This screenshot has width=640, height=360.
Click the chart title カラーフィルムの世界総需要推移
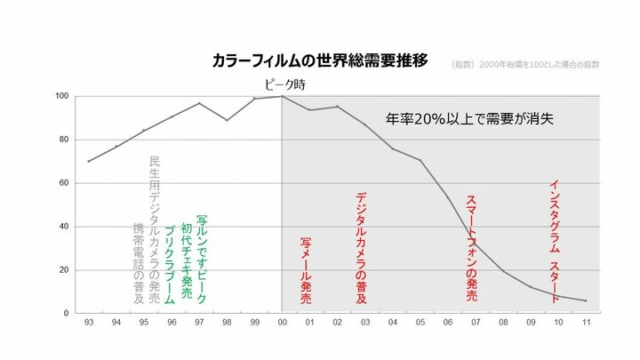tap(320, 60)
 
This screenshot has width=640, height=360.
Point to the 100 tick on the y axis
tap(62, 96)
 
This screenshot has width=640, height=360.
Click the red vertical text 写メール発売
tap(306, 271)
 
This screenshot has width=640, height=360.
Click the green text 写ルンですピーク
tap(202, 259)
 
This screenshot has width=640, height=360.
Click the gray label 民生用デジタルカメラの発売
tap(155, 231)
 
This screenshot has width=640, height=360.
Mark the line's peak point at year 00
tap(282, 96)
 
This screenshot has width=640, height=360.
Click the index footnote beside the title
tap(525, 65)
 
